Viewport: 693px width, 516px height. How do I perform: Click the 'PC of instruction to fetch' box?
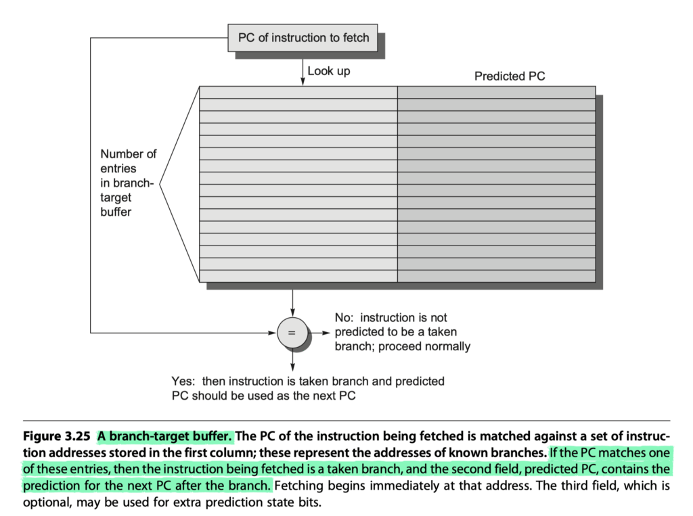[303, 38]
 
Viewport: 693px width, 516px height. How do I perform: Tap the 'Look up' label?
[329, 71]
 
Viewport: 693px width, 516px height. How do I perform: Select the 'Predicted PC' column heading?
[510, 76]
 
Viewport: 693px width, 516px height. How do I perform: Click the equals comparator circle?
[292, 333]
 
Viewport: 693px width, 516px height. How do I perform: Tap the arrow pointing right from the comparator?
[319, 333]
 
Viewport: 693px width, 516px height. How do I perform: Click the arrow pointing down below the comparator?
[292, 360]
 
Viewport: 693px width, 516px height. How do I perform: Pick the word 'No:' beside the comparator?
[344, 318]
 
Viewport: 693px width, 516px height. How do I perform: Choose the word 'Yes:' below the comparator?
[183, 381]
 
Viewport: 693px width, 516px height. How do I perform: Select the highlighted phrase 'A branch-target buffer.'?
[165, 436]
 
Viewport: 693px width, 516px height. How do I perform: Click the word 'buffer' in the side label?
[116, 212]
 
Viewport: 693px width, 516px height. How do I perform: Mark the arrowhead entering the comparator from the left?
[273, 333]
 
